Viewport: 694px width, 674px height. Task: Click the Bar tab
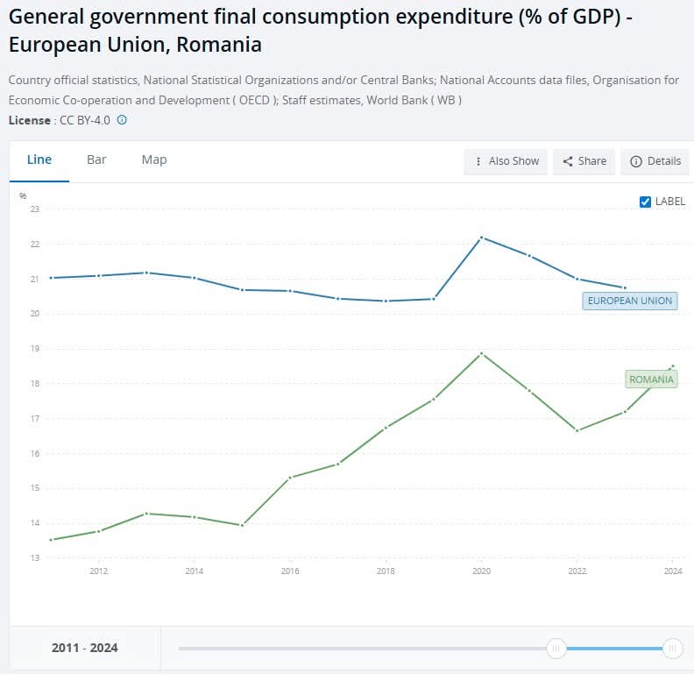96,160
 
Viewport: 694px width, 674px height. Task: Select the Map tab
154,160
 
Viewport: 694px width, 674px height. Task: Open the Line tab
39,160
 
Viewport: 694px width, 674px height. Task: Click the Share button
584,161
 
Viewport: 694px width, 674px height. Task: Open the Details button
655,161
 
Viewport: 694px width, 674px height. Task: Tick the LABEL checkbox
646,202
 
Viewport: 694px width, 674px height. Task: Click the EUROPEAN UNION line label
629,301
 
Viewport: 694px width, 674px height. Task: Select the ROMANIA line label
650,380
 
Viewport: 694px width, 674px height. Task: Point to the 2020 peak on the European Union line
482,238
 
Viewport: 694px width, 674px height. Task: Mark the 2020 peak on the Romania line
482,353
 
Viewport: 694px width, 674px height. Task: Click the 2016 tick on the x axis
290,571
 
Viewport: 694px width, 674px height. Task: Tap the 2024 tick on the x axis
673,571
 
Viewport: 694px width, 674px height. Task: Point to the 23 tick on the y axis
35,209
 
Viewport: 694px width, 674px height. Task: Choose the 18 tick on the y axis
35,384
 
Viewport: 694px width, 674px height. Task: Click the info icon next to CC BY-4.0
122,120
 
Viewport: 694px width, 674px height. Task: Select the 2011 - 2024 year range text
84,649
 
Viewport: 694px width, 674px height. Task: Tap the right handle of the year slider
673,649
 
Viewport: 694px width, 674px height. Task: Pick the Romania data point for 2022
577,430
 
